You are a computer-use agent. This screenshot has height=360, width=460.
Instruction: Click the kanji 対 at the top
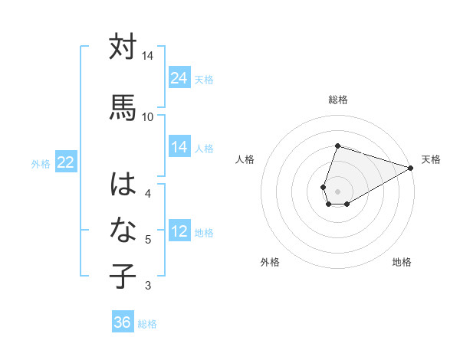coord(123,47)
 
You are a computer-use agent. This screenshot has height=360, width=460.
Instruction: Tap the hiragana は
coord(123,185)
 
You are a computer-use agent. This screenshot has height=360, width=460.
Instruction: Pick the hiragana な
coord(123,231)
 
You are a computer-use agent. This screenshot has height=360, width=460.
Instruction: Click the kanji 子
coord(123,277)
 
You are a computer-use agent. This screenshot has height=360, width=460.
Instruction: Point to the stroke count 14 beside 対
coord(147,57)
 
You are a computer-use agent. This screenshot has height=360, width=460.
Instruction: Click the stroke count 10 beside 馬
coord(147,116)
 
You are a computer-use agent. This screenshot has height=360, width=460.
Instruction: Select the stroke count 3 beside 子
coord(147,286)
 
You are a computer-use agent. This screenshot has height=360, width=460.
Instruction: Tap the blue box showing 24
coord(179,77)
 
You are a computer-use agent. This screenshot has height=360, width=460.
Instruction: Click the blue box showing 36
coord(123,322)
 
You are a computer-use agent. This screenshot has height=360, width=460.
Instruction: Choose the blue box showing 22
coord(66,162)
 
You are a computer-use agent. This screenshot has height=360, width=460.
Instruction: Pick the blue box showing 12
coord(179,231)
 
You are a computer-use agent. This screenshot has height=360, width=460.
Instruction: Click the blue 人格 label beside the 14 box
coord(204,148)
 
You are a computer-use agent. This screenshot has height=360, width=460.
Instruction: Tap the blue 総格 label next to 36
coord(147,324)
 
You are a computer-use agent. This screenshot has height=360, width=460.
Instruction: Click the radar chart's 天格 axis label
coord(431,159)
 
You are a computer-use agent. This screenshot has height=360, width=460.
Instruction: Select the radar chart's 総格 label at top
coord(338,100)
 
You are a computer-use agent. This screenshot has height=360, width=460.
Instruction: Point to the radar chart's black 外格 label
coord(270,262)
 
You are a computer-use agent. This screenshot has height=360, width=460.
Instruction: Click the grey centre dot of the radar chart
coord(337,190)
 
